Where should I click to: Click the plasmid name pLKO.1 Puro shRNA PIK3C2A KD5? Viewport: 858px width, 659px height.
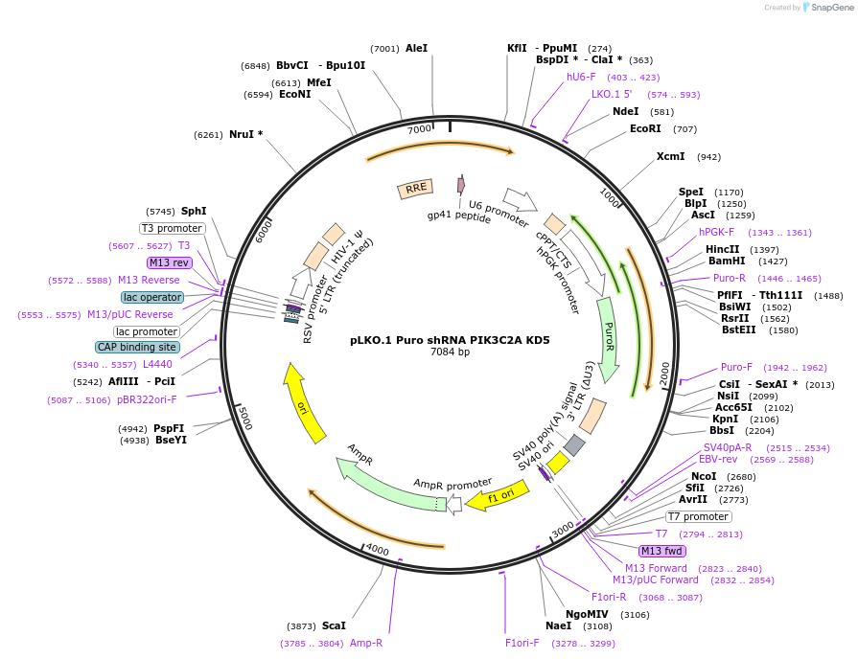pos(450,339)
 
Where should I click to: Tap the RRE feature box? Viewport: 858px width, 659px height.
pos(416,189)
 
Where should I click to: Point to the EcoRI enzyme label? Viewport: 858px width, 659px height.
pos(645,128)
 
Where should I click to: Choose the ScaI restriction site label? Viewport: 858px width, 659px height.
pos(334,625)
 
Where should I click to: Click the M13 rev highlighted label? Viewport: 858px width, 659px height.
pos(170,262)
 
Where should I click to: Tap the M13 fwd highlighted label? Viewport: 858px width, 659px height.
pos(661,551)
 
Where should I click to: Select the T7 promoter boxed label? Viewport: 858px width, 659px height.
pos(698,517)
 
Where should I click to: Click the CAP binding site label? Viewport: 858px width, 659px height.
pos(136,347)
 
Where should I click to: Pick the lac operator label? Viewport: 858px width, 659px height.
pos(152,297)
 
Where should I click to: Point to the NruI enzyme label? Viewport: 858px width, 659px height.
pos(245,135)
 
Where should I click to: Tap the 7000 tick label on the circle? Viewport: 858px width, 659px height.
pos(420,128)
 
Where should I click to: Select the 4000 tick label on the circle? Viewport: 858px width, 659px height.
pos(377,550)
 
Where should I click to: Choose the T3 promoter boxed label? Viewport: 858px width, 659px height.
pos(173,228)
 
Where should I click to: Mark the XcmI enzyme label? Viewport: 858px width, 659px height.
pos(670,156)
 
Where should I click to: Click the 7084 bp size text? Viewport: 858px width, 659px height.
pos(450,352)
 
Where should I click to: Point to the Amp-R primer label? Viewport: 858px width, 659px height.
pos(366,644)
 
